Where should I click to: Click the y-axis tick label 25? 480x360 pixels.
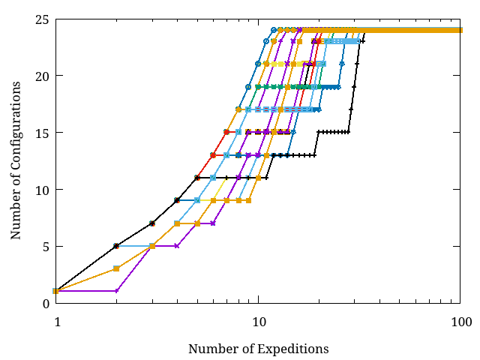42,19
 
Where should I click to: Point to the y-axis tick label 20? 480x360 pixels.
42,76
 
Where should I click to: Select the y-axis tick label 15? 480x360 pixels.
42,133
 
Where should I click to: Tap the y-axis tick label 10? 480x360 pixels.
42,190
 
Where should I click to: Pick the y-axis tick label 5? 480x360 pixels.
45,246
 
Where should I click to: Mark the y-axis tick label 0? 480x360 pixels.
45,303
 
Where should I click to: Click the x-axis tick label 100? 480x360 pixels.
460,322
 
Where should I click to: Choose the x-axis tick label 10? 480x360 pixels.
258,322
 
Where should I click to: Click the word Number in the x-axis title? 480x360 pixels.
209,349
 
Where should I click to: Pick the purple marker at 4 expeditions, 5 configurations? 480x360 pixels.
177,246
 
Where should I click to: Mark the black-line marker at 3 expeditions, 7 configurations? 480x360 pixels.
152,223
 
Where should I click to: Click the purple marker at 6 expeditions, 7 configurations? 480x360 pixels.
213,223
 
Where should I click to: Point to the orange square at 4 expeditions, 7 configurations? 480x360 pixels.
177,223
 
